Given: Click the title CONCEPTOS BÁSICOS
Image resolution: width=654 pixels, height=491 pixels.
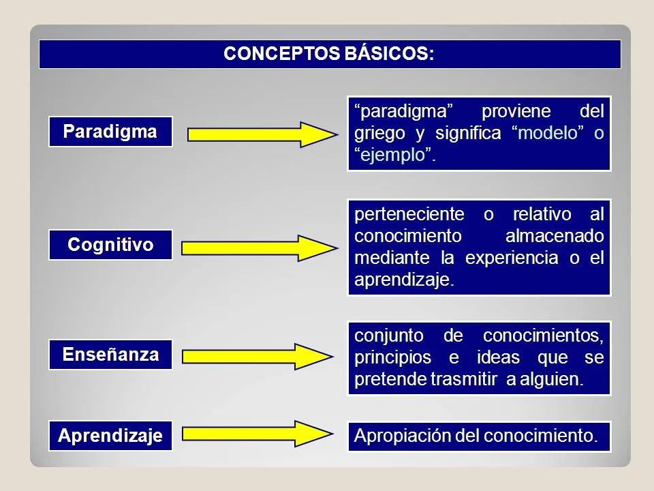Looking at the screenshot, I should (x=329, y=54).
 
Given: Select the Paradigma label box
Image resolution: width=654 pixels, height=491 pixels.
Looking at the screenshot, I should (x=110, y=131).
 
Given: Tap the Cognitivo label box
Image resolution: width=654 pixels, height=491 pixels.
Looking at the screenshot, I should (x=110, y=245).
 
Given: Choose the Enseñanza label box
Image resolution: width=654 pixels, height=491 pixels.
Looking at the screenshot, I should (x=110, y=355).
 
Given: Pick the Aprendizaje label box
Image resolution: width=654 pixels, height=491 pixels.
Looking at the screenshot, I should (x=110, y=436).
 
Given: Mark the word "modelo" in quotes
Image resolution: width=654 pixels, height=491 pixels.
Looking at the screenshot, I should (x=548, y=133).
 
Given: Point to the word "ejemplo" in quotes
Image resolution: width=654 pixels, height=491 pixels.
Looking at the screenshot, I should (x=395, y=155).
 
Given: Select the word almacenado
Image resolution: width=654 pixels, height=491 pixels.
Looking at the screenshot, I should (x=555, y=236).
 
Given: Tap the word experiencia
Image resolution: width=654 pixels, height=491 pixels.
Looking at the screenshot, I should (x=510, y=258).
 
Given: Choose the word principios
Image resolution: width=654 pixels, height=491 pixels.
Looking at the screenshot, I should (x=393, y=358).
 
